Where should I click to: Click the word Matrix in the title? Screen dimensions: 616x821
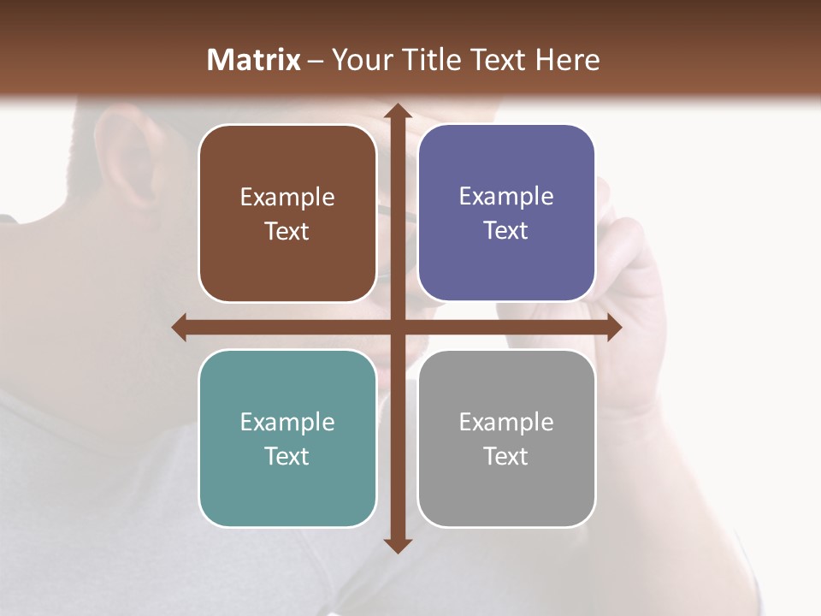[x=254, y=60]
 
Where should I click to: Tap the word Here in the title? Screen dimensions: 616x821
[x=567, y=60]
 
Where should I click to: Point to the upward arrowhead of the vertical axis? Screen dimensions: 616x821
[x=397, y=110]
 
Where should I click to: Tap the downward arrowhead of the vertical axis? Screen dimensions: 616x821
[x=397, y=545]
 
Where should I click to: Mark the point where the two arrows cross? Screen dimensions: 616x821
[x=397, y=327]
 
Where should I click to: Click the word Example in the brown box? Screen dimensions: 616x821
[x=287, y=198]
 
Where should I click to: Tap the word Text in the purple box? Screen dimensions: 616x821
[x=506, y=231]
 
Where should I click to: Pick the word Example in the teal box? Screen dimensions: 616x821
[x=287, y=422]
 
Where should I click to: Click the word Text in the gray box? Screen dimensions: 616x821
[x=506, y=456]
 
